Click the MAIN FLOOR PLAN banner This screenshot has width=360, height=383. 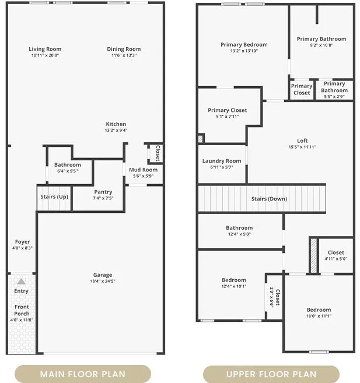tap(83, 374)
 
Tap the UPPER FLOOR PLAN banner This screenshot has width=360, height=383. tap(271, 374)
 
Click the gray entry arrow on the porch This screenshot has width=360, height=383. tap(21, 282)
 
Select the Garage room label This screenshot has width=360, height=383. tap(103, 275)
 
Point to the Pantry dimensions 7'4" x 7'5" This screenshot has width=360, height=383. tap(103, 198)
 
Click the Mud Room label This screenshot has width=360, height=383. tap(143, 170)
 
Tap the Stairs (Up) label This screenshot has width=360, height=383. tap(54, 196)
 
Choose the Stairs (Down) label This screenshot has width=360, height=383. tap(269, 199)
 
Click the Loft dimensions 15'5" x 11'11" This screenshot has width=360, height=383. tap(302, 147)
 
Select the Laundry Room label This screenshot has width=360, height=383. tap(222, 161)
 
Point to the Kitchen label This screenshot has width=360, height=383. tap(116, 124)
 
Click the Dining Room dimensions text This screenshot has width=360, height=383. tap(124, 55)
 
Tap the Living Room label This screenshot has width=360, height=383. tap(45, 49)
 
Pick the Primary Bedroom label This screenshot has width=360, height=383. tap(244, 45)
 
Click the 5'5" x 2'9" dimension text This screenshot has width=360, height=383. tap(334, 97)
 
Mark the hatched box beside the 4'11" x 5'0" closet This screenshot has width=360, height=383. tap(314, 256)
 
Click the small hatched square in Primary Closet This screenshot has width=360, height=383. tap(201, 139)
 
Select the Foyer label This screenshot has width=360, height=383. tap(22, 242)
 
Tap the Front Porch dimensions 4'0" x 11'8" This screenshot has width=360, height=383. tap(22, 319)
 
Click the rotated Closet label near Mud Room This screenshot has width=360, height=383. tap(158, 153)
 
